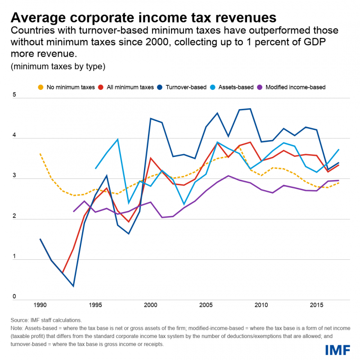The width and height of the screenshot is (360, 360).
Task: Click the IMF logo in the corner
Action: [x=337, y=350]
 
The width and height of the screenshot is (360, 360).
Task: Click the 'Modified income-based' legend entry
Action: [x=295, y=87]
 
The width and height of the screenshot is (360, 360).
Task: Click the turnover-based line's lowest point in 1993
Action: [x=73, y=286]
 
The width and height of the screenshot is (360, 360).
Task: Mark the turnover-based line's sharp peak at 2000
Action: [x=150, y=119]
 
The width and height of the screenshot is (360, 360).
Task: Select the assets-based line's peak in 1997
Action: [x=117, y=139]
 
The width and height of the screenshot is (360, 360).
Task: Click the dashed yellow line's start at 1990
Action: [x=40, y=154]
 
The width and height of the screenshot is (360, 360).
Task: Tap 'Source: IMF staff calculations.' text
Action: [x=46, y=320]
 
